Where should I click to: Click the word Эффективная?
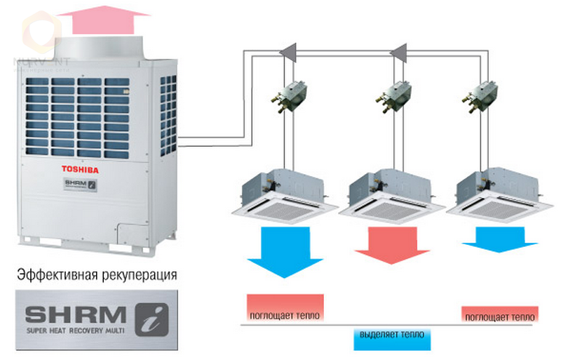click(58, 273)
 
